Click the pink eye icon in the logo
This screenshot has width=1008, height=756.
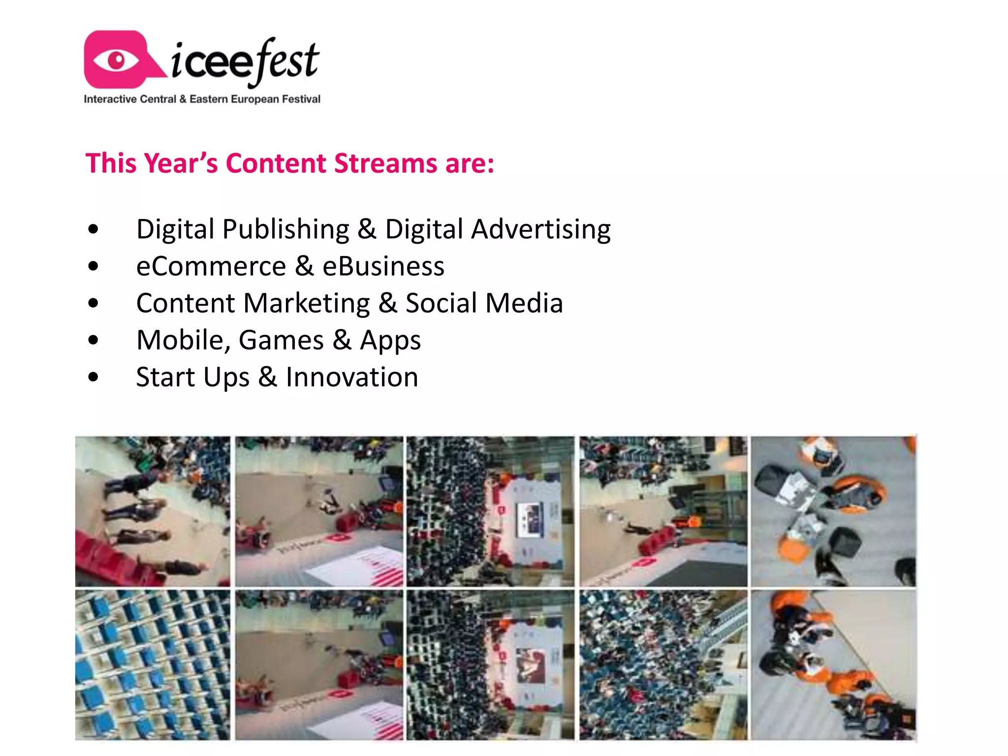click(117, 60)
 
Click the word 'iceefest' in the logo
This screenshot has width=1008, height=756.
click(245, 62)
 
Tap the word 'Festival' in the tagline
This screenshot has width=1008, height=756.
click(301, 99)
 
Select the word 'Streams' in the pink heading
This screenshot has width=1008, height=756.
click(385, 163)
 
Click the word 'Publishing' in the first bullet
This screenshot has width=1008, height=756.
click(286, 229)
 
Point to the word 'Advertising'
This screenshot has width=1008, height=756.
click(541, 229)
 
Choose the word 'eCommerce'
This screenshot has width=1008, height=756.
click(211, 266)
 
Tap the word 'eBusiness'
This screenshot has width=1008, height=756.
click(383, 266)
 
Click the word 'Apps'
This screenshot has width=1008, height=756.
click(390, 341)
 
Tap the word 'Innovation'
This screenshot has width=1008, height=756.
click(352, 377)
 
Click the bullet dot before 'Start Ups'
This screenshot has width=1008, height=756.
click(93, 378)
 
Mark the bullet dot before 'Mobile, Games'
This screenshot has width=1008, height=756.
click(93, 340)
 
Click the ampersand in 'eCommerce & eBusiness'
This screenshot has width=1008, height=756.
click(304, 266)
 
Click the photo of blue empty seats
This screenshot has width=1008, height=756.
click(153, 665)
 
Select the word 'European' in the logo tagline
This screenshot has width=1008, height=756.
click(255, 99)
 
